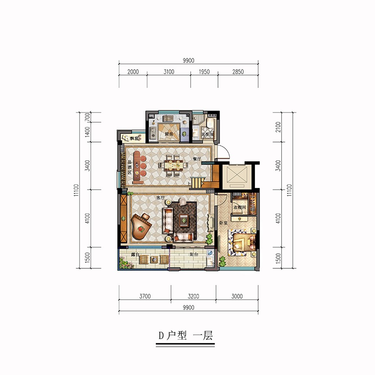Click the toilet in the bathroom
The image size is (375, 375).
[x=210, y=124]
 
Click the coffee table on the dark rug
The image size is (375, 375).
[x=183, y=218]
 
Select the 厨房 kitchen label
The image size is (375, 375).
[x=168, y=134]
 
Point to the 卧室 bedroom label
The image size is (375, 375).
[x=222, y=223]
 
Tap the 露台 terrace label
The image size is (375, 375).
[x=135, y=254]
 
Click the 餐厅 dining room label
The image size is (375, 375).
[x=197, y=159]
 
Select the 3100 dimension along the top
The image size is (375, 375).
[x=168, y=72]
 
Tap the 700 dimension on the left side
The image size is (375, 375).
[x=87, y=117]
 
